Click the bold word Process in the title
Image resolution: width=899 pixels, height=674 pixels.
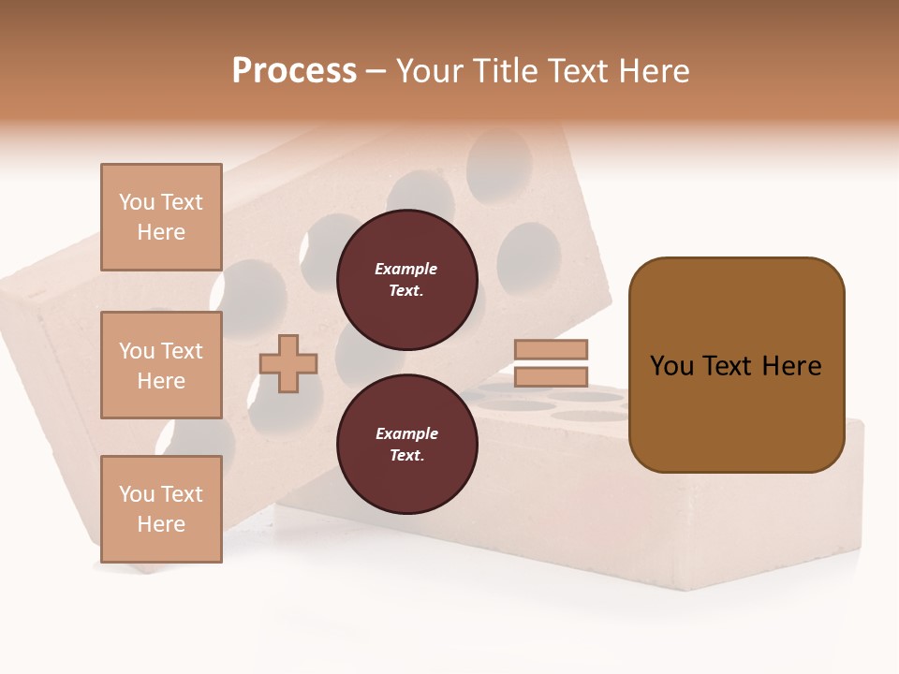tap(294, 71)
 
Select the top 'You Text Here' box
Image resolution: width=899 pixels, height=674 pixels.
tap(161, 217)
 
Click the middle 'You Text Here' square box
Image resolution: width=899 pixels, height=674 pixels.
tap(161, 365)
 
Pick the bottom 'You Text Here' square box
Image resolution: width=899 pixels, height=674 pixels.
tap(161, 508)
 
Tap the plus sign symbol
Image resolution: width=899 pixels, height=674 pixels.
tap(288, 364)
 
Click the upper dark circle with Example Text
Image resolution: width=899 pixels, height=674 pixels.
tap(406, 280)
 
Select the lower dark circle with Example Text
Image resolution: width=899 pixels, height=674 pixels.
tap(406, 445)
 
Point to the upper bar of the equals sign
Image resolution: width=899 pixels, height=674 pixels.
tap(551, 349)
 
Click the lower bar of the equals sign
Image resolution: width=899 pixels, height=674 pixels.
tap(551, 376)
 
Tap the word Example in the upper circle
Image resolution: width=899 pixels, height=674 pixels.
tap(405, 269)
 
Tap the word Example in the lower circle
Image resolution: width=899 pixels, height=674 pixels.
tap(406, 433)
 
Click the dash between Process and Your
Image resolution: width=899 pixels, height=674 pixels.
tap(376, 71)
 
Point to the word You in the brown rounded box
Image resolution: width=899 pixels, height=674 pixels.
tap(671, 366)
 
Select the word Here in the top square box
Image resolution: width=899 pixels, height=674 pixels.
tap(161, 232)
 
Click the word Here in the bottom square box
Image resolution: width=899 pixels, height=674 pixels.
tap(161, 524)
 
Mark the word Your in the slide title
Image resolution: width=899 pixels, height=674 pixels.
tap(433, 71)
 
